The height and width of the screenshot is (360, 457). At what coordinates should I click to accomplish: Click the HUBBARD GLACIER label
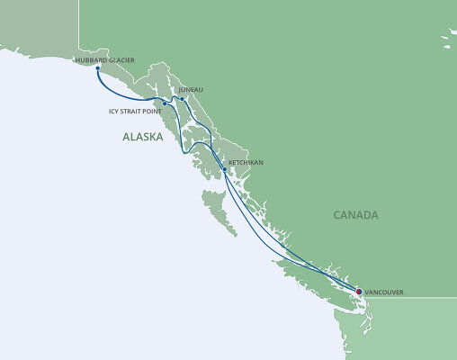point(106,59)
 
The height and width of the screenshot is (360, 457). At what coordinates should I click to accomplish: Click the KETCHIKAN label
point(246,163)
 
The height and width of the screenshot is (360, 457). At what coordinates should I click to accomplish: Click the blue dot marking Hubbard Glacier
point(96,67)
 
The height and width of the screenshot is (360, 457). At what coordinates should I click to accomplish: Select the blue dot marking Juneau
point(183,98)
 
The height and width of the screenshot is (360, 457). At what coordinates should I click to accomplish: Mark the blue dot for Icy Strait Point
point(165,103)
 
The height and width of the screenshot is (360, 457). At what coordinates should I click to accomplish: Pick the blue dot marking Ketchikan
point(224,168)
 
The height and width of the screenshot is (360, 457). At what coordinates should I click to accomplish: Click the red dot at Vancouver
point(359,292)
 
